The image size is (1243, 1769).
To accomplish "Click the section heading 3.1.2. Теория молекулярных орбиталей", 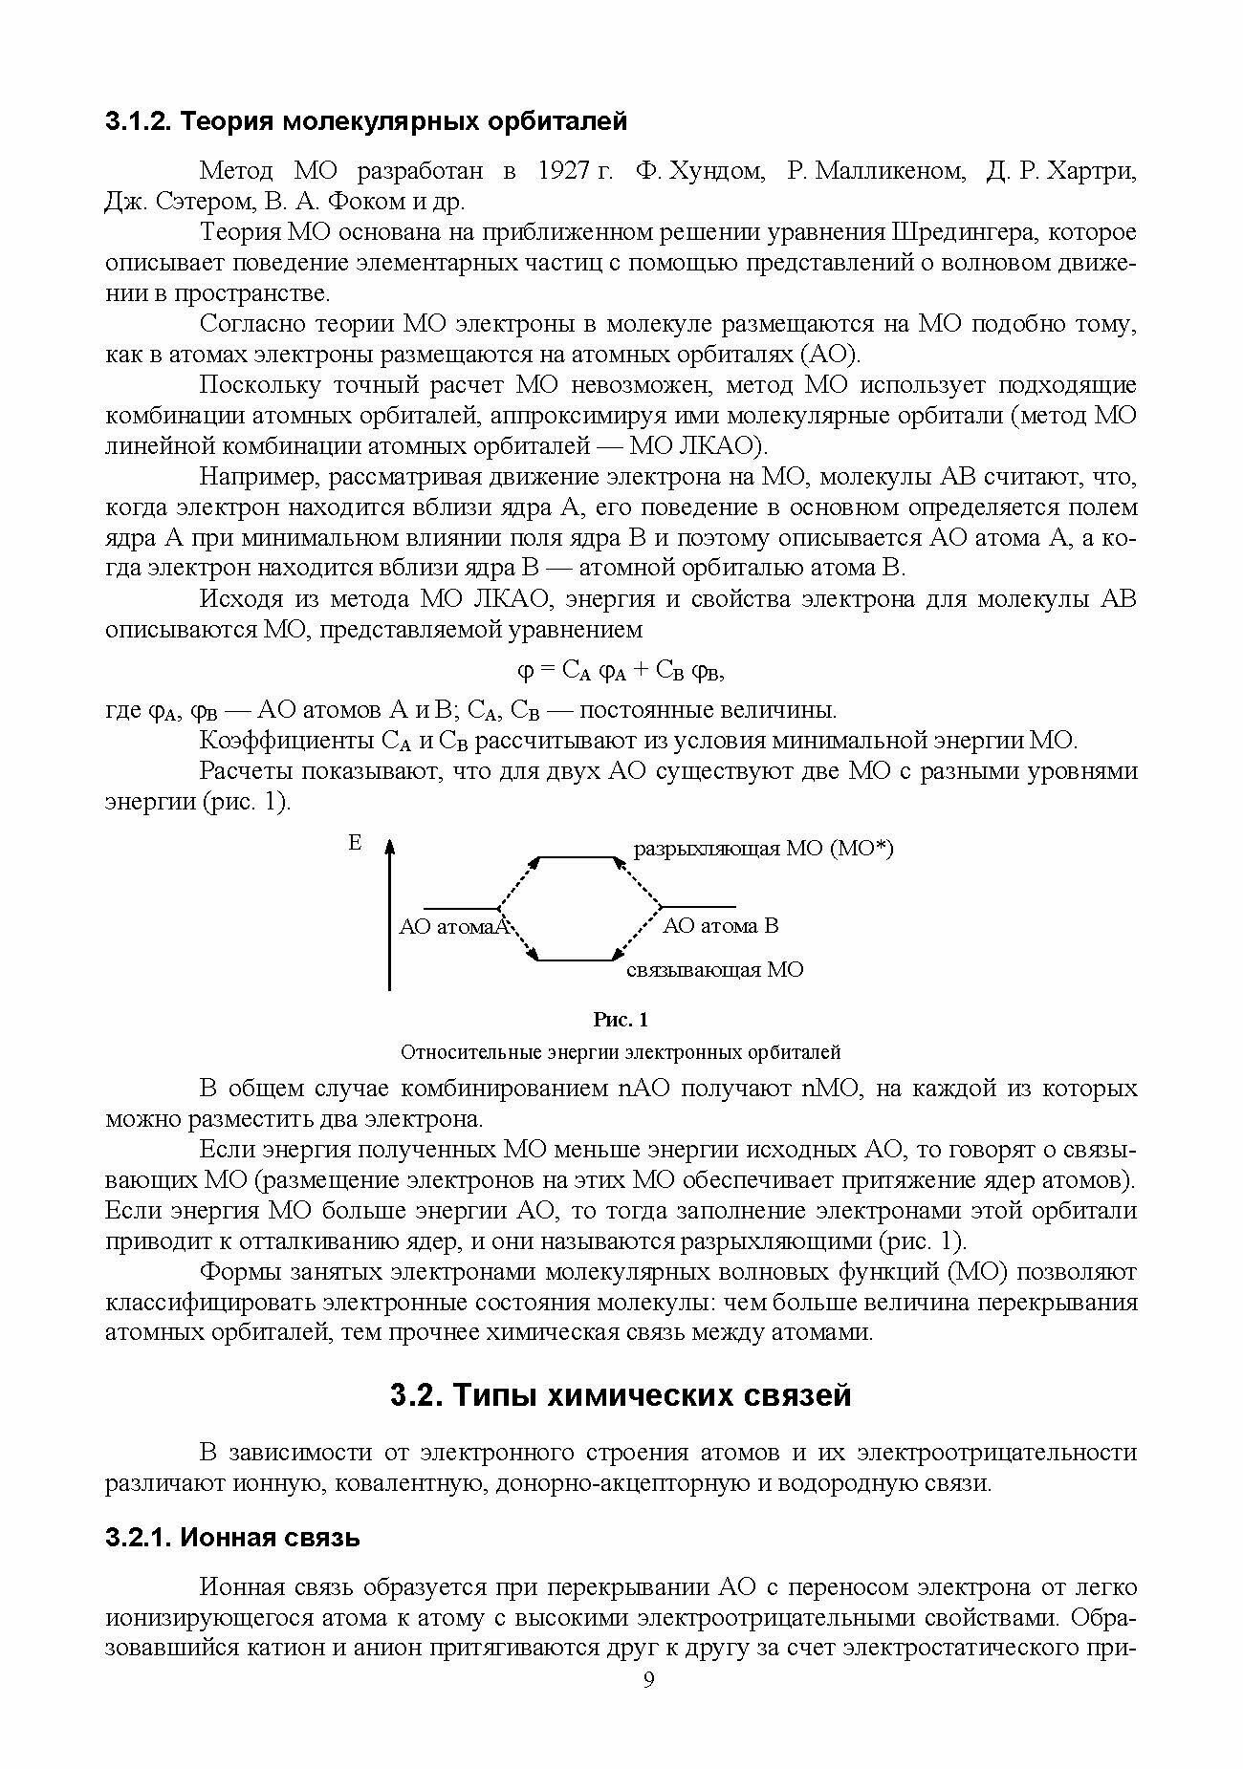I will tap(366, 122).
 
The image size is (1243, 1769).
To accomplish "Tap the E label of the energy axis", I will tap(355, 843).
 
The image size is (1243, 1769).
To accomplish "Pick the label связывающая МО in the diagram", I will tap(714, 969).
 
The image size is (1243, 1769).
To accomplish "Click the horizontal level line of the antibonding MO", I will tap(575, 857).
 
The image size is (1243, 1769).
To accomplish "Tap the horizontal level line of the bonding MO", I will tap(575, 959).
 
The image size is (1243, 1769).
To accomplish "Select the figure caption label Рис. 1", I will tap(621, 1020).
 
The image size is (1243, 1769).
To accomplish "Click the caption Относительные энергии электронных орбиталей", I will tap(621, 1052).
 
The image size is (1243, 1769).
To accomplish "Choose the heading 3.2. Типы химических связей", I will tap(621, 1395).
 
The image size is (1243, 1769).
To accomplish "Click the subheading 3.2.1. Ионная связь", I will tap(232, 1538).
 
